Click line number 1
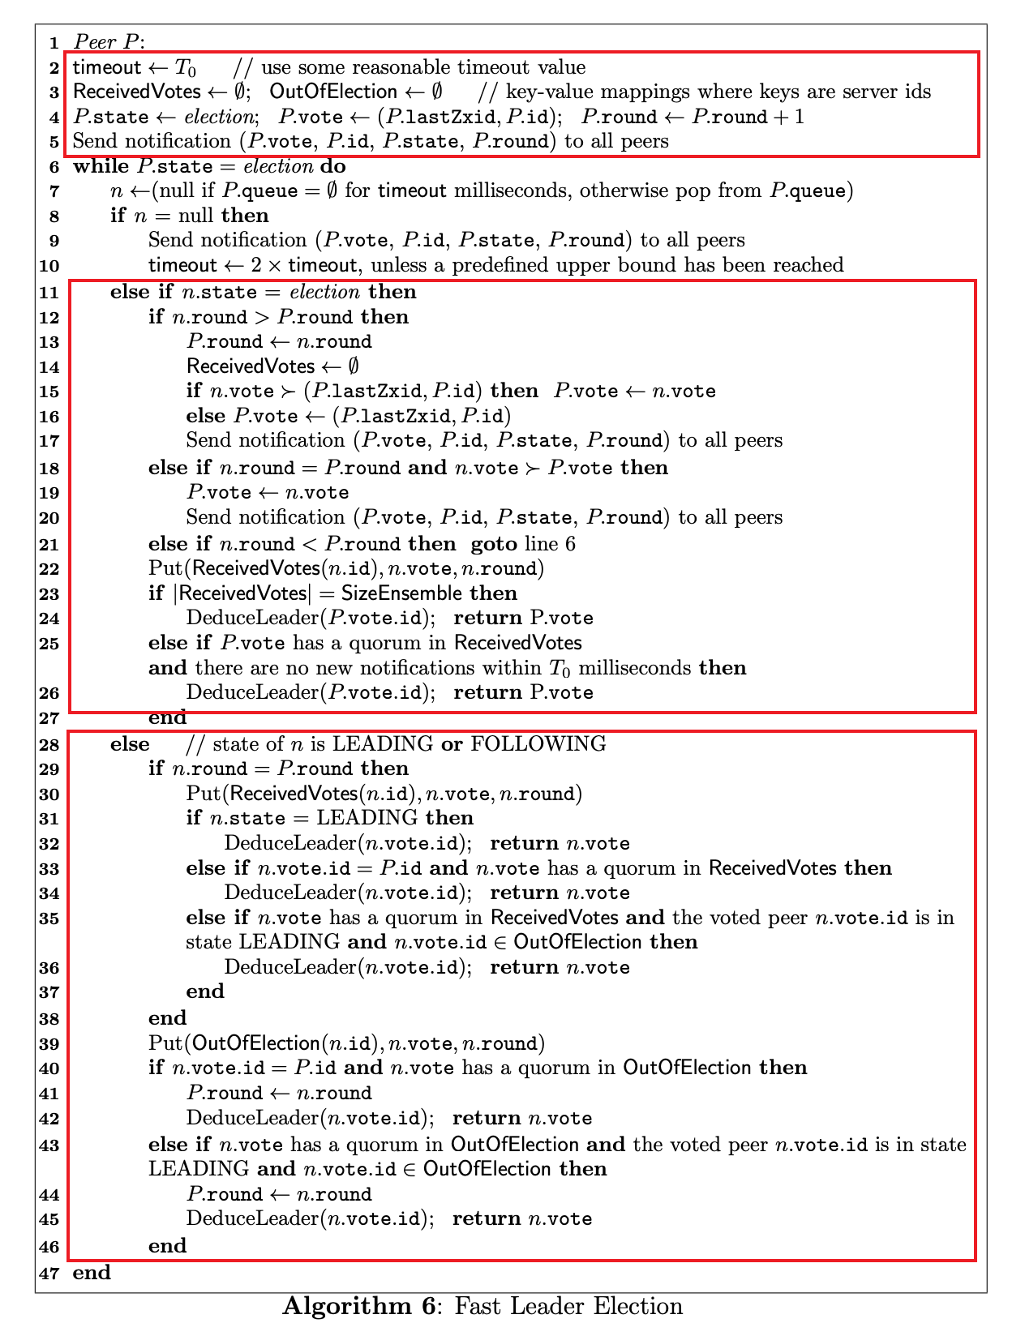pos(54,42)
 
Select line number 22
pos(49,569)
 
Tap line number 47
pos(49,1273)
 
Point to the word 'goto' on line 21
pos(494,543)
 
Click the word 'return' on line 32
pos(525,843)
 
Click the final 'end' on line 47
pos(92,1273)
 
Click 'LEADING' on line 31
pos(367,818)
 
